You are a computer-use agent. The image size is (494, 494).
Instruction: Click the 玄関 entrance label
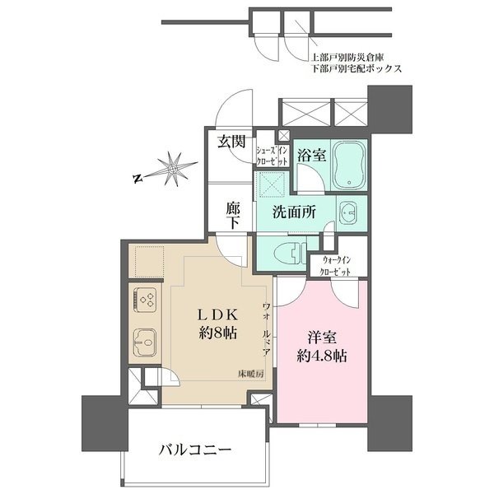click(x=231, y=142)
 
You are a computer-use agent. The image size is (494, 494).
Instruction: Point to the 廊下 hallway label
click(x=233, y=217)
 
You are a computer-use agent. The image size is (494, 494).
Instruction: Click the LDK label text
click(x=217, y=315)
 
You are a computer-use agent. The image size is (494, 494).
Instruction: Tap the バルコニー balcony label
click(x=196, y=450)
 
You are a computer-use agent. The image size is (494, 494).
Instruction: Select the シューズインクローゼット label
click(x=271, y=155)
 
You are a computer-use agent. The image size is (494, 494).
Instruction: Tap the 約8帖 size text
click(x=217, y=334)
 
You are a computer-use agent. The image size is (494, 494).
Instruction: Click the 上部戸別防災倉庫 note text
click(x=350, y=58)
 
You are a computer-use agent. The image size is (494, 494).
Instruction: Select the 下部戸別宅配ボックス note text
click(x=356, y=71)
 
